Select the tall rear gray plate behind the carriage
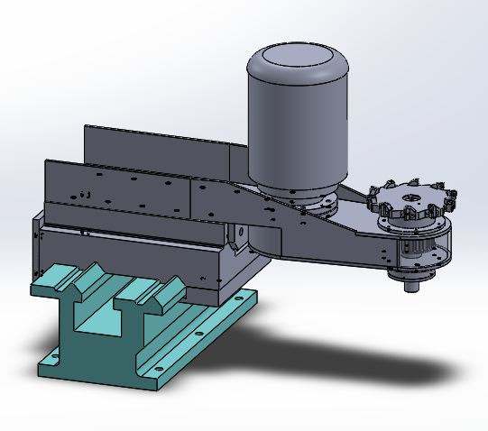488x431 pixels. click(x=153, y=149)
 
